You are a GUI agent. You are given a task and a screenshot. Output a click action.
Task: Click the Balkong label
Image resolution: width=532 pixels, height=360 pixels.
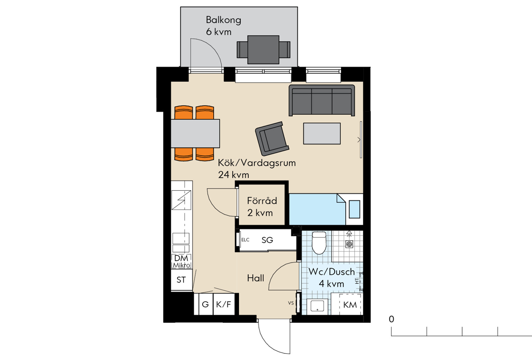[223, 20]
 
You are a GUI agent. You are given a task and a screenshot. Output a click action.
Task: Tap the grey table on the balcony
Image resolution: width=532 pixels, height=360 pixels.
[263, 50]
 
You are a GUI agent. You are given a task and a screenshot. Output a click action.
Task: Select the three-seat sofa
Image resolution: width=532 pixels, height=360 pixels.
[321, 101]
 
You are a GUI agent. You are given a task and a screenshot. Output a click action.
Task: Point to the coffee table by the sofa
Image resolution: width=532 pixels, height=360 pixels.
[322, 133]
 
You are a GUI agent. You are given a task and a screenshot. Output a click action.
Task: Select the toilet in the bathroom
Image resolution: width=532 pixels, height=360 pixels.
[319, 243]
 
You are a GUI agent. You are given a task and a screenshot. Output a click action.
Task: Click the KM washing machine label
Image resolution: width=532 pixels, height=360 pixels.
[350, 305]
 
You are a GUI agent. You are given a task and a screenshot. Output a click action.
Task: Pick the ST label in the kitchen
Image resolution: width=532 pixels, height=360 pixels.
[181, 280]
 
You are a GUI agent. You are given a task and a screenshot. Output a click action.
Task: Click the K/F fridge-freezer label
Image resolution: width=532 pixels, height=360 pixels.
[223, 305]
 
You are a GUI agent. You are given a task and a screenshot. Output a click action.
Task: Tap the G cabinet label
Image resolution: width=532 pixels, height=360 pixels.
[205, 305]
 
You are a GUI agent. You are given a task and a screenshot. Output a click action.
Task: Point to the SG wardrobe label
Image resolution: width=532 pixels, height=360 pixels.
[267, 240]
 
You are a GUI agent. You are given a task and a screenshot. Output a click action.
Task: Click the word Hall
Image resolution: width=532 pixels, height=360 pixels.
[255, 278]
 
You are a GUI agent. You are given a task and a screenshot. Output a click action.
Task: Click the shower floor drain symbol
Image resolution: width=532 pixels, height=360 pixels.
[349, 244]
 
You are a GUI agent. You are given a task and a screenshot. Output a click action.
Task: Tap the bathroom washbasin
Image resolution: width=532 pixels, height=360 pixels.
[317, 306]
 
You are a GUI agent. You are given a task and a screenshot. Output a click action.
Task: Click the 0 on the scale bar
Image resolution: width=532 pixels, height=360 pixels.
[391, 319]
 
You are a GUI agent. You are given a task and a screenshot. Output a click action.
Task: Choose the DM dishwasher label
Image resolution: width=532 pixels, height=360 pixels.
[181, 258]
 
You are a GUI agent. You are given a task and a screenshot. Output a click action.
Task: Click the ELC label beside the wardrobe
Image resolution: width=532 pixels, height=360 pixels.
[245, 240]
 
